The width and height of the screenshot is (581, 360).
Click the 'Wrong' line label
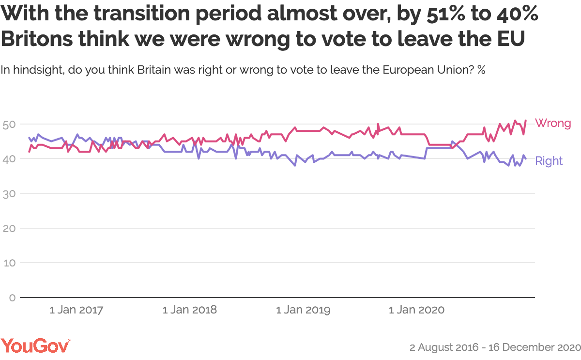pyautogui.click(x=552, y=123)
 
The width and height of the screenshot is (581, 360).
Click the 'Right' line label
pyautogui.click(x=549, y=161)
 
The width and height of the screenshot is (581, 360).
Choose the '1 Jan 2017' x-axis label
pyautogui.click(x=76, y=310)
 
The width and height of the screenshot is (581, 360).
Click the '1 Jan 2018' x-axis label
pyautogui.click(x=190, y=310)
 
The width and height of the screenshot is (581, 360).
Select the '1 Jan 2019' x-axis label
pyautogui.click(x=304, y=310)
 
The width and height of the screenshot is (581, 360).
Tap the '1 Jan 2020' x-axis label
pyautogui.click(x=417, y=310)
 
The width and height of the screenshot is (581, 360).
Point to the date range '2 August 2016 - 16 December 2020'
pyautogui.click(x=494, y=347)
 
